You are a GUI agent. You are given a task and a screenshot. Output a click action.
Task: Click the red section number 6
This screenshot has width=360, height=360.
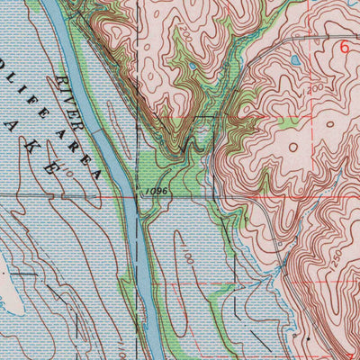(343, 49)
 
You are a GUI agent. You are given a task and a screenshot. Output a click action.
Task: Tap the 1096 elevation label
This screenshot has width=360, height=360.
(153, 191)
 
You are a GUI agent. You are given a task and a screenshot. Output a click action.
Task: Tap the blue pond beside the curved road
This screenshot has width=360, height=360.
(295, 61)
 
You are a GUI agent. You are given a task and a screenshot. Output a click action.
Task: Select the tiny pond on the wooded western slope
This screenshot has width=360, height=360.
(192, 66)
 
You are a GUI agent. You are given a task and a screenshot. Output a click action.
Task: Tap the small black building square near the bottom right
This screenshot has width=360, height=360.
(306, 338)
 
